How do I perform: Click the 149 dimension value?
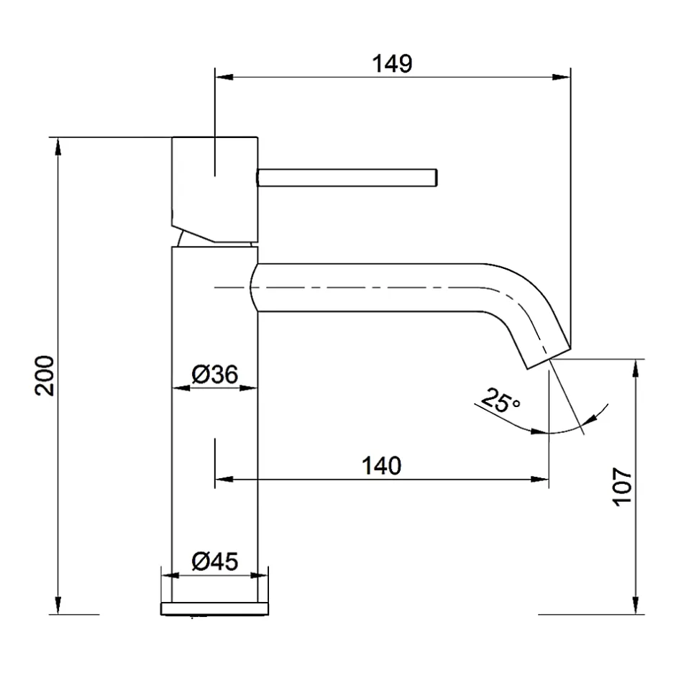coord(392,64)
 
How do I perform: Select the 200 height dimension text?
coord(45,375)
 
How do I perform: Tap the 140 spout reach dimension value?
coord(381,466)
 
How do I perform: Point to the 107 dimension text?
coord(622,486)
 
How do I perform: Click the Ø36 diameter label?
coord(215,374)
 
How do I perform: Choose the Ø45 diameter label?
coord(215,562)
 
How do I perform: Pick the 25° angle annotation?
coord(500,401)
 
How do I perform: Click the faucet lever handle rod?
coord(347,178)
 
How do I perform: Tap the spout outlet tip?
coord(549,359)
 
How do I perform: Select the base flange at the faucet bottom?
coord(215,608)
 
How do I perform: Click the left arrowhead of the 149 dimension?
coord(224,77)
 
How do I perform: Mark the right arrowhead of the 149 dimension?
coord(562,77)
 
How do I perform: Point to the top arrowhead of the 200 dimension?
coord(58,147)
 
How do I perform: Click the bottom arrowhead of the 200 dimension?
coord(58,606)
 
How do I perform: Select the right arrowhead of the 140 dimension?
coord(540,479)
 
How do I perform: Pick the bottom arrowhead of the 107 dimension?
coord(635,606)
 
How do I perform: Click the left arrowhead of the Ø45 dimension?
coord(170,575)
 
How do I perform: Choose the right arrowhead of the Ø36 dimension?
coord(248,388)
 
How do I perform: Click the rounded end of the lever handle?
coord(437,178)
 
